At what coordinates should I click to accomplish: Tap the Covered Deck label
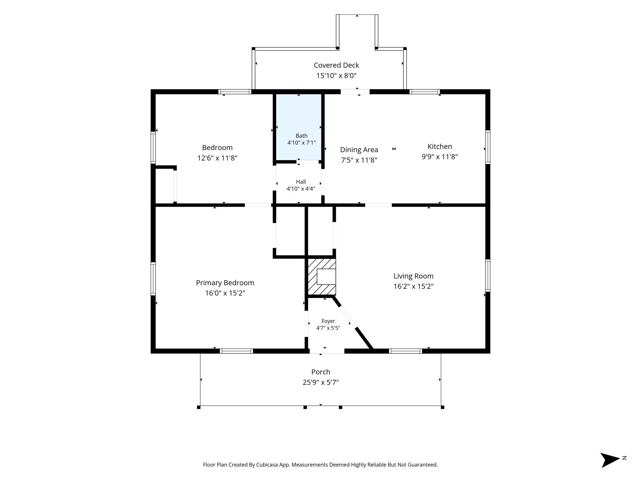(336, 65)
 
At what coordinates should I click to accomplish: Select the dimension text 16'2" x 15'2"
(413, 286)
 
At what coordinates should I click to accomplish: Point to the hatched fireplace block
(322, 277)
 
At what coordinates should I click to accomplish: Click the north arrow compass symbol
(610, 460)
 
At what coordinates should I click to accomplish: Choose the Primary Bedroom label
(225, 283)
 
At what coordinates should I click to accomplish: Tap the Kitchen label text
(440, 147)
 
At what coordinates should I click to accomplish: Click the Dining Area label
(359, 150)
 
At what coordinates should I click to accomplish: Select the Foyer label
(328, 321)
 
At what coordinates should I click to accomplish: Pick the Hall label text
(301, 182)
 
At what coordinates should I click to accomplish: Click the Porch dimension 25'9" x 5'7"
(321, 382)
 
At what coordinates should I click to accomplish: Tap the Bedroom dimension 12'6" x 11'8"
(218, 158)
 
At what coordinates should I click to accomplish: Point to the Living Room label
(413, 276)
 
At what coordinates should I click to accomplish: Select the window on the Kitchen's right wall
(488, 147)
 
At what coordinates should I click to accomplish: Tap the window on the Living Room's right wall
(488, 276)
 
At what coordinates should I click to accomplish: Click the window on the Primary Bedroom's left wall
(153, 279)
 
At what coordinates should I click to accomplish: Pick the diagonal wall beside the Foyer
(353, 322)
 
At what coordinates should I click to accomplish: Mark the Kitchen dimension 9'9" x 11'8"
(440, 157)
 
